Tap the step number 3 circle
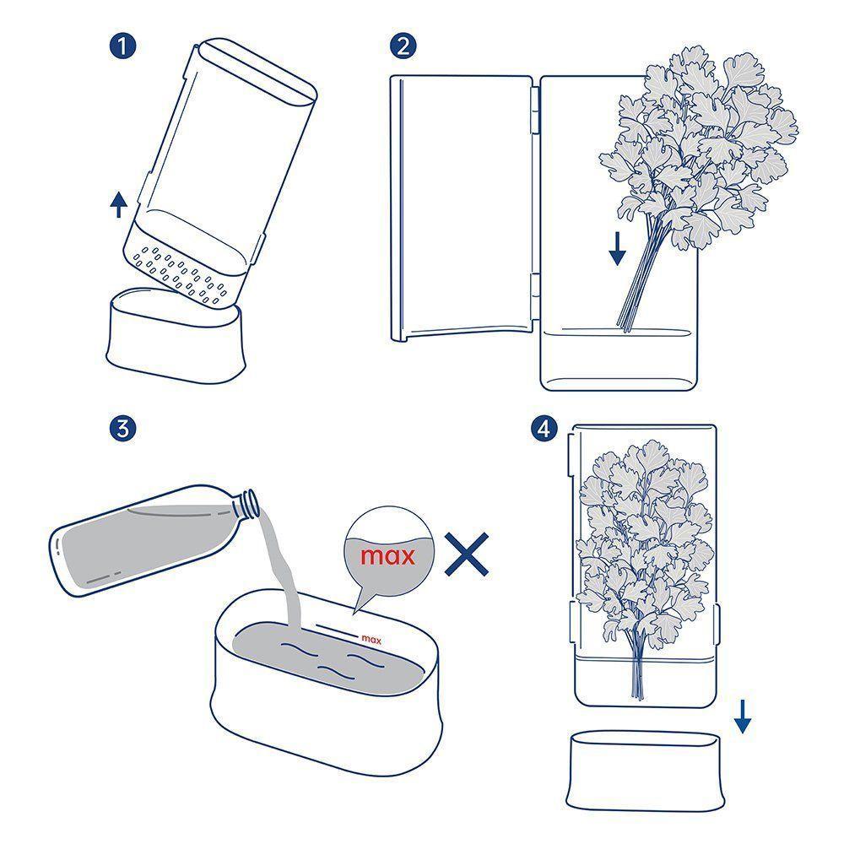tap(123, 428)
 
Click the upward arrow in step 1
tap(119, 204)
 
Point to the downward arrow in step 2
tap(618, 246)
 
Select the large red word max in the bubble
tap(387, 557)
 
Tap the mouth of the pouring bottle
tap(252, 503)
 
